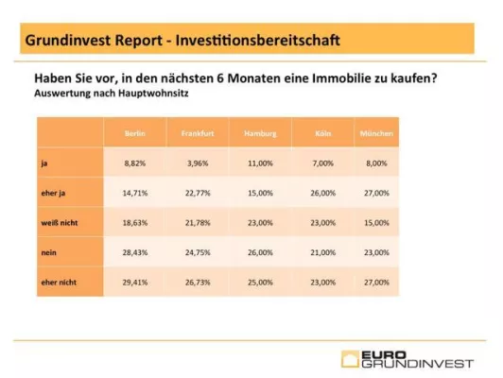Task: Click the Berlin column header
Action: [x=134, y=134]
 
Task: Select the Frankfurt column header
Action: [x=198, y=134]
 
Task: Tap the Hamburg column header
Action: [x=259, y=134]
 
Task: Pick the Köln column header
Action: [x=322, y=134]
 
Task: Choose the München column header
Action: [x=376, y=134]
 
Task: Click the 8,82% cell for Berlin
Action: [x=134, y=163]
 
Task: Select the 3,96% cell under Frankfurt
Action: [x=198, y=163]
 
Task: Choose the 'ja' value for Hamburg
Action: [x=259, y=163]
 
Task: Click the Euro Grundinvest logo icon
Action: [x=352, y=358]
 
